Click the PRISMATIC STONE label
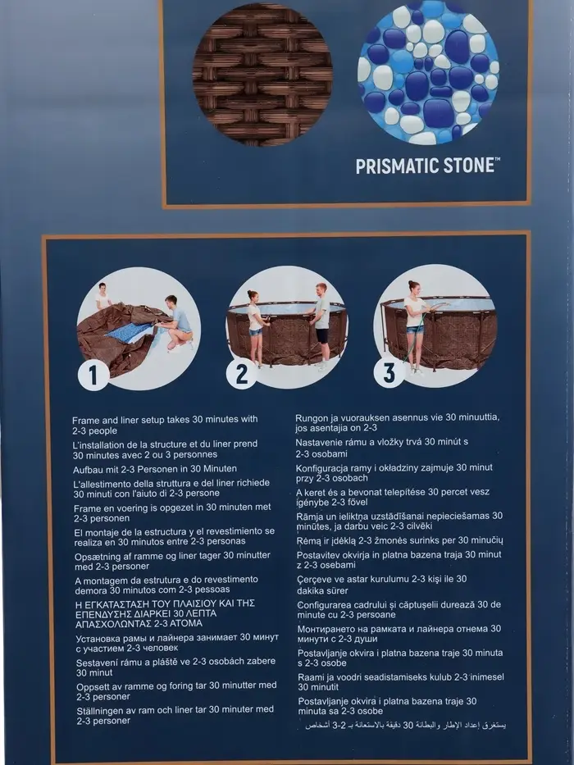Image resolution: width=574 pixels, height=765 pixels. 427,166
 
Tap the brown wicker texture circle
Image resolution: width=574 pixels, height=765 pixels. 262,75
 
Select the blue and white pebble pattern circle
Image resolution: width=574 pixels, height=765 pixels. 429,74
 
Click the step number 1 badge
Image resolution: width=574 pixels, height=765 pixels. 93,376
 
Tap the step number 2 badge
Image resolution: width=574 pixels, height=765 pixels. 242,374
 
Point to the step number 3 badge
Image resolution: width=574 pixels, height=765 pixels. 389,372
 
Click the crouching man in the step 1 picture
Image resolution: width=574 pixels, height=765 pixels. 178,323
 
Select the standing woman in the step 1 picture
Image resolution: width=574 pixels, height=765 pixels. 102,296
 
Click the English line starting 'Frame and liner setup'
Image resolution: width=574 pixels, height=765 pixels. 165,425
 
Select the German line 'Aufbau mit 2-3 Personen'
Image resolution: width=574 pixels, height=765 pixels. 155,469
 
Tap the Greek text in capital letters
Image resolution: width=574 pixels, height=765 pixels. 165,613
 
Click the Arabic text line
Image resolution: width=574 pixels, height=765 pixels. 406,726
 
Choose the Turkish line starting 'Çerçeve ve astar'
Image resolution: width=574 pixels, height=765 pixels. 381,585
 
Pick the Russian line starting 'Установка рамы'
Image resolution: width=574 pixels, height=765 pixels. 177,643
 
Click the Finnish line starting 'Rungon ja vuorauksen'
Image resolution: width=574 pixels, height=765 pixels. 398,423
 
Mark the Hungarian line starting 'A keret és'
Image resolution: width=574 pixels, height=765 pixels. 393,497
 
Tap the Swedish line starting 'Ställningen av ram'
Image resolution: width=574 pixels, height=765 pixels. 175,715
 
